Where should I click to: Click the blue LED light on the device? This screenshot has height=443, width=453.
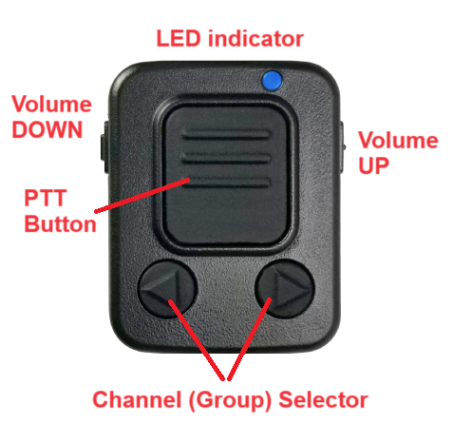272,80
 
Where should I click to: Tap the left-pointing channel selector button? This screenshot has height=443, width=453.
168,289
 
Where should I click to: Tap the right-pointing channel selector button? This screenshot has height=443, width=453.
285,289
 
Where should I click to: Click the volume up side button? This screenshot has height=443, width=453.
342,147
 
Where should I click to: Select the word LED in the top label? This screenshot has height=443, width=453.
179,39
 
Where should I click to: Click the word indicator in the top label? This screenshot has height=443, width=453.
255,39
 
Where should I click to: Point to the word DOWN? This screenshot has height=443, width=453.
47,129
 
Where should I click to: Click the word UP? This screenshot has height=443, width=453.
373,165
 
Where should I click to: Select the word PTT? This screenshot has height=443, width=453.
46,198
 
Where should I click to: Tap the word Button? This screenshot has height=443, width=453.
60,223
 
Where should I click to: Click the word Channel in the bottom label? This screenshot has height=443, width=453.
137,399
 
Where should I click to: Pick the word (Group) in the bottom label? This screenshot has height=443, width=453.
230,400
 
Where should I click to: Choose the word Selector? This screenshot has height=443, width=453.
323,399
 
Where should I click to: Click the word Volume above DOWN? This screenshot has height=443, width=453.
51,104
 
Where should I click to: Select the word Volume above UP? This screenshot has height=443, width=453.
398,140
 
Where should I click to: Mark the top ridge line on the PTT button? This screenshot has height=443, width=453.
226,134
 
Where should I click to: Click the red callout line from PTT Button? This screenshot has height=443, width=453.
142,196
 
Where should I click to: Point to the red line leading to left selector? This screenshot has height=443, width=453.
197,339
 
